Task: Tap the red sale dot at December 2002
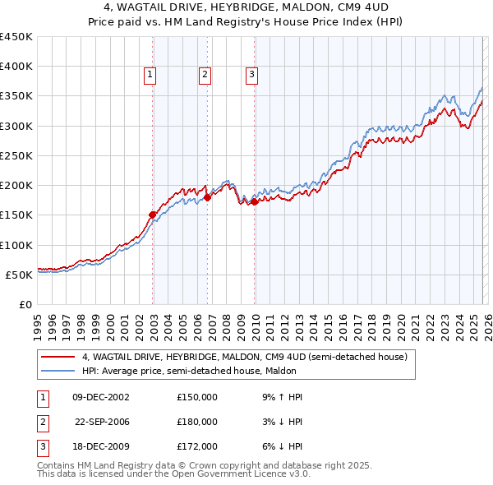153,215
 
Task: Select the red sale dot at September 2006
208,197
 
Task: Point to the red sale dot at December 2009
255,201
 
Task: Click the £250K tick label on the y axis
16,155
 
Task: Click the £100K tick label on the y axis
16,245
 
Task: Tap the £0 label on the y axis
25,304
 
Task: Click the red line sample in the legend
58,358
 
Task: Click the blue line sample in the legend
58,371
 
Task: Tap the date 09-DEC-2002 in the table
101,397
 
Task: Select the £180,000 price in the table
197,422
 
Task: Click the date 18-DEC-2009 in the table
101,446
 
